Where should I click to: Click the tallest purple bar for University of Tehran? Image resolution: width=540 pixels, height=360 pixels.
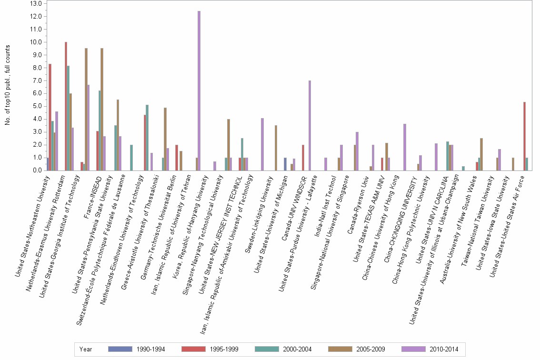pyautogui.click(x=199, y=90)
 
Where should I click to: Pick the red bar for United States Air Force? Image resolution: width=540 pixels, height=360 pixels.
pyautogui.click(x=524, y=136)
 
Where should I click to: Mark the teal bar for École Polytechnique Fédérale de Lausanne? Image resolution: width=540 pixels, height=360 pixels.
pyautogui.click(x=131, y=158)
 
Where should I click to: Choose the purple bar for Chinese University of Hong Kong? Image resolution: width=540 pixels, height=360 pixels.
pyautogui.click(x=405, y=147)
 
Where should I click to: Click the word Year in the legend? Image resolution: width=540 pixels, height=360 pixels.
pyautogui.click(x=86, y=349)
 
